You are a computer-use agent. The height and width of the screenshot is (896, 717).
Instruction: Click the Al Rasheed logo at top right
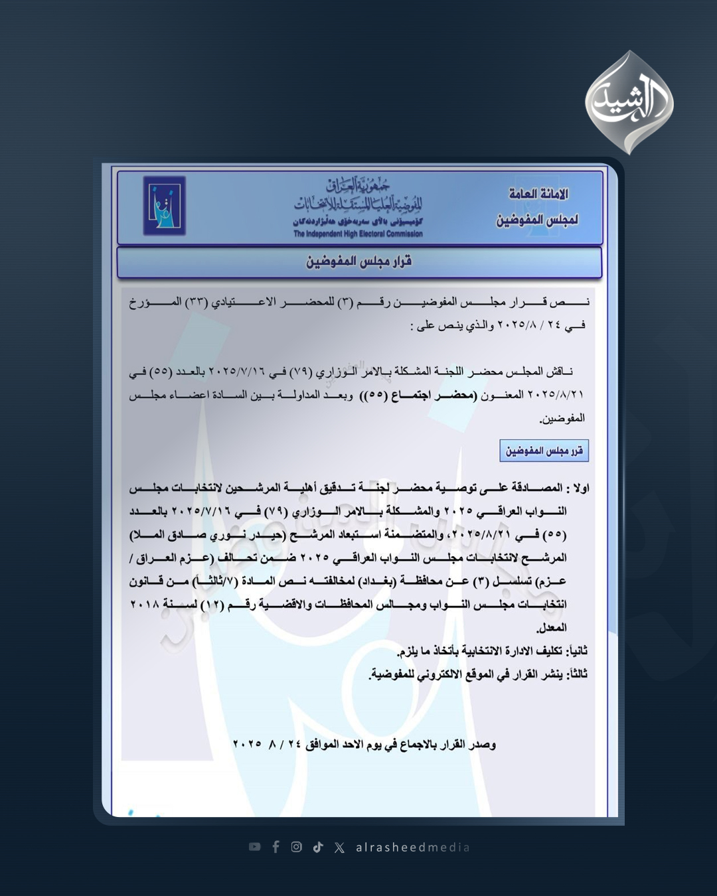click(629, 103)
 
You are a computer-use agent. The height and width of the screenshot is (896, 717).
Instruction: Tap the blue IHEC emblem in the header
click(164, 206)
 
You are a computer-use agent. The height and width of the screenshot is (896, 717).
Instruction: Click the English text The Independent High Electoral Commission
click(358, 234)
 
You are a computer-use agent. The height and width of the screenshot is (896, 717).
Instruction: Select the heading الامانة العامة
click(538, 194)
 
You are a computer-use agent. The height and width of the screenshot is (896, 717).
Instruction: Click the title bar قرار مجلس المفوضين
click(359, 261)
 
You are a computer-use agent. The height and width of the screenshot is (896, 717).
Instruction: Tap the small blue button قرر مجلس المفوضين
click(544, 451)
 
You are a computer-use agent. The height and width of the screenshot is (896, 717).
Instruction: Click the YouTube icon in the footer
click(254, 847)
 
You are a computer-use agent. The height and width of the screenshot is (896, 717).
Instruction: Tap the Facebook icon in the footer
click(276, 847)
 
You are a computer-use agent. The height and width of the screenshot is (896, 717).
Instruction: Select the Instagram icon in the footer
click(297, 847)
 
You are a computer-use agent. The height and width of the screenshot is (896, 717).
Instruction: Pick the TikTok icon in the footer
click(318, 847)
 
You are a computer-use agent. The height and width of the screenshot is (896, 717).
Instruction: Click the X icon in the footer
click(339, 848)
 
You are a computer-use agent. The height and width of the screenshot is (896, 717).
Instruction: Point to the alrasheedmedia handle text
click(412, 848)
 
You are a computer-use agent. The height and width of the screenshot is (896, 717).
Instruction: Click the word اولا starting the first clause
click(580, 488)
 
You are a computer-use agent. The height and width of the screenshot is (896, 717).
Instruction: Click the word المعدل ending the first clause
click(551, 628)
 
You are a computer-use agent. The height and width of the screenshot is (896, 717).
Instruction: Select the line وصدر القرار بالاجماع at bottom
click(364, 745)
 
